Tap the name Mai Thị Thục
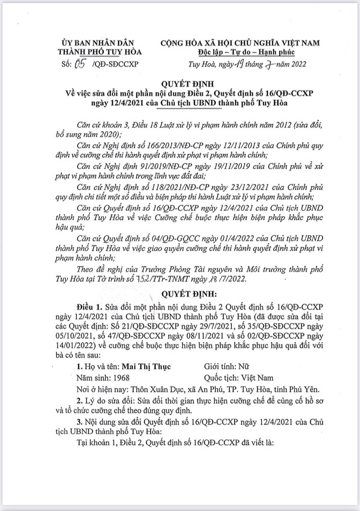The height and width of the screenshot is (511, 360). pos(143,366)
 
